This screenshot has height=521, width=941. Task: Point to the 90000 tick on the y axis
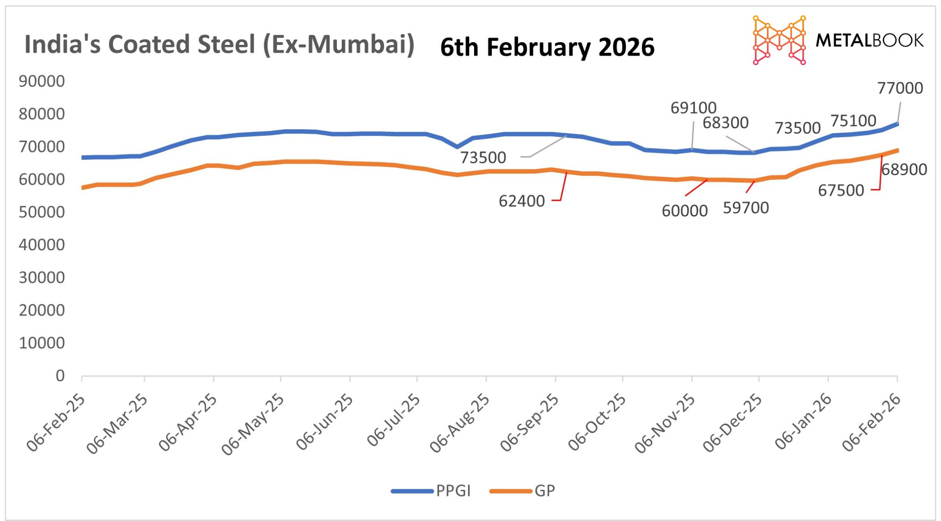42,81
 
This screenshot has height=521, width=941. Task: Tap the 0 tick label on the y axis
60,376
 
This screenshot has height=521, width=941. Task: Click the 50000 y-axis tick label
42,212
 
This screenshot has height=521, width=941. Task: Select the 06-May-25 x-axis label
253,424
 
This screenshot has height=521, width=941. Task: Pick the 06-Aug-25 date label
460,423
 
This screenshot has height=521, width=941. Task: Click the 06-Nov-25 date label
665,424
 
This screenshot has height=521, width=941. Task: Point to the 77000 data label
900,88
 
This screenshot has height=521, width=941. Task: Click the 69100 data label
693,108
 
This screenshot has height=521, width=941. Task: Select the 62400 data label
521,201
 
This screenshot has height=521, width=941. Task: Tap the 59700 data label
745,208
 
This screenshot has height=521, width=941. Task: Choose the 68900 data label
904,169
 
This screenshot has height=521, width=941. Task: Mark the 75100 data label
853,121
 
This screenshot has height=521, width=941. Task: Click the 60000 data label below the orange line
684,211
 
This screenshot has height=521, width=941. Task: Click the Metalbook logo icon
779,40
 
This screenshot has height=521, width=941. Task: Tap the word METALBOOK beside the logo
869,40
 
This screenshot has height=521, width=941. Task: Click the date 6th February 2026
547,47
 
